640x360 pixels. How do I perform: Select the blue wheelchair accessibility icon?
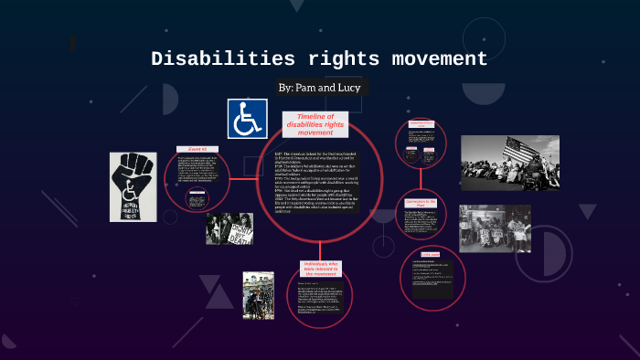[247, 119]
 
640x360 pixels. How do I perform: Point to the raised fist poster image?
[133, 186]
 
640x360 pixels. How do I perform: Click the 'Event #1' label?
[198, 149]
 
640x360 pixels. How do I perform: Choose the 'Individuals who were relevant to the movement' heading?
[320, 271]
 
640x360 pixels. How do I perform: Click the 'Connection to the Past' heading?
[421, 203]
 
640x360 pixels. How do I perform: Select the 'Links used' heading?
[431, 254]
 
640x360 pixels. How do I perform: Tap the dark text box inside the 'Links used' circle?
[433, 278]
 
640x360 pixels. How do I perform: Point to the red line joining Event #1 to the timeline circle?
[247, 178]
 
